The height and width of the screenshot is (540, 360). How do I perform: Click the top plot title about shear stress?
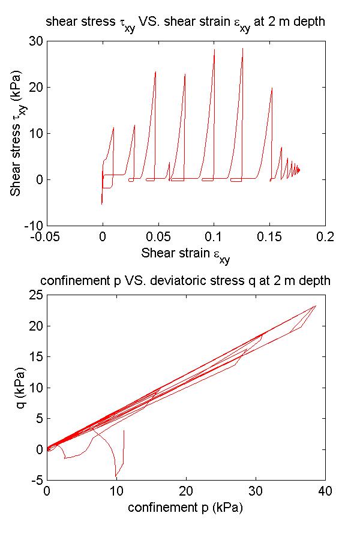click(x=186, y=23)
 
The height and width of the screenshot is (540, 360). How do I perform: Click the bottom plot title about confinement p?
click(x=185, y=281)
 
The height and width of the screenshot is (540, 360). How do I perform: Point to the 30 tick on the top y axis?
click(x=35, y=41)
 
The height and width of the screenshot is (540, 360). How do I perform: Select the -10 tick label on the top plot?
click(x=32, y=226)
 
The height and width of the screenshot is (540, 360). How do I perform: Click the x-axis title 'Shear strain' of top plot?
click(x=185, y=254)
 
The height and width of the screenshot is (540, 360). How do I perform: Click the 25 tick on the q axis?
click(x=35, y=295)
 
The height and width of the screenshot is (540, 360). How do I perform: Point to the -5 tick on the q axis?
click(x=37, y=480)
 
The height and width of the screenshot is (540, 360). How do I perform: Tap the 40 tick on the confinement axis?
click(x=325, y=491)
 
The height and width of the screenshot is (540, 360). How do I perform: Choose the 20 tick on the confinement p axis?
click(x=186, y=491)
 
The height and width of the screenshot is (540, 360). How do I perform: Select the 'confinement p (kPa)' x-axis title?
click(x=185, y=507)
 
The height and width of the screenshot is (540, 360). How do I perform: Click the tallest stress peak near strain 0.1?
click(x=214, y=49)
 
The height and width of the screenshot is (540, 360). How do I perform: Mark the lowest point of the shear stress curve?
click(x=102, y=204)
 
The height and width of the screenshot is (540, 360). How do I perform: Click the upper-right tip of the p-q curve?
click(x=316, y=306)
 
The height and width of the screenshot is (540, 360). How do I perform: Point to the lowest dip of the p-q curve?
click(x=116, y=477)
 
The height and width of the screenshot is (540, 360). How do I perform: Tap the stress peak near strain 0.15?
click(x=272, y=88)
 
